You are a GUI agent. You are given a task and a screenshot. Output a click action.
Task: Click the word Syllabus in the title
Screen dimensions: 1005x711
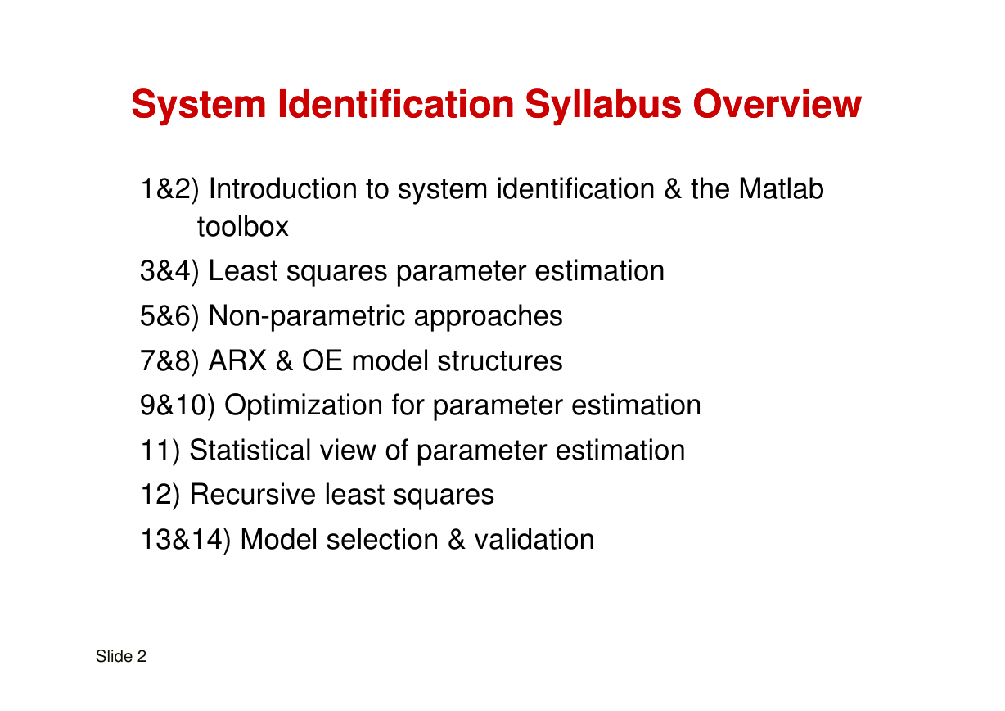coord(603,106)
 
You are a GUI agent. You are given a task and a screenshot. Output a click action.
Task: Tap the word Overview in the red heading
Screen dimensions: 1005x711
coord(777,104)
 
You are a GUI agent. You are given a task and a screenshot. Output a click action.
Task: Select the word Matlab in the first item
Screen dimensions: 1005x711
coord(781,188)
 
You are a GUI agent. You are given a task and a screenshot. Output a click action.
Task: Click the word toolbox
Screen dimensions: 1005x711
coord(243,226)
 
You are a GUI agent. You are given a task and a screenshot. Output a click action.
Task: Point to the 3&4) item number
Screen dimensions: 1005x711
coord(169,271)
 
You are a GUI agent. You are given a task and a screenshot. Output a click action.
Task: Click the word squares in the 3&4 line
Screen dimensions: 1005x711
coord(337,272)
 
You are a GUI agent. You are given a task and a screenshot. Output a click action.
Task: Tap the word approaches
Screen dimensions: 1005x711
coord(488,317)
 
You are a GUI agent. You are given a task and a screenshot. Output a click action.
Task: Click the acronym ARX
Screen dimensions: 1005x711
coord(237,360)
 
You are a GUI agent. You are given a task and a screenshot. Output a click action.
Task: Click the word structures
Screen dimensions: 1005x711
coord(500,361)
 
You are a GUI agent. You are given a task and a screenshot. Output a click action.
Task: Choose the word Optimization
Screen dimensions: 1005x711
coord(304,406)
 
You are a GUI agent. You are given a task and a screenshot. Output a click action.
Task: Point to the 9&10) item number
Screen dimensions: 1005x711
coord(178,405)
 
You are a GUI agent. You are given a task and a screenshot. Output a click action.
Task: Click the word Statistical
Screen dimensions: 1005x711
coord(250,450)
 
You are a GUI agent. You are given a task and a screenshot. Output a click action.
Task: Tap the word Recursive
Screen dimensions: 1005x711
coord(253,495)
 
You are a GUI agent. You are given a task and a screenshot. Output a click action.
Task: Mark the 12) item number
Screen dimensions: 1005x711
coord(160,495)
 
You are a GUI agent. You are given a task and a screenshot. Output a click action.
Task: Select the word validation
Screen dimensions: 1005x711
coord(534,540)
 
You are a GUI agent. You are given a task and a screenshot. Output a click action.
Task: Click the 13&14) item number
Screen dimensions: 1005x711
coord(185,540)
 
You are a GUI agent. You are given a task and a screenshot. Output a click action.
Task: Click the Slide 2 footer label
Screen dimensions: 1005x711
coord(120,657)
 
